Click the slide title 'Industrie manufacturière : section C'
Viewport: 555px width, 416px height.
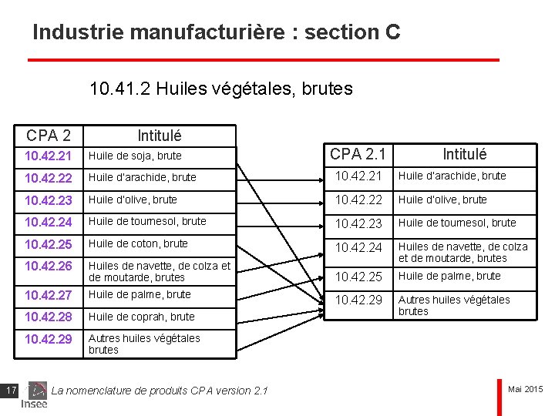coord(217,32)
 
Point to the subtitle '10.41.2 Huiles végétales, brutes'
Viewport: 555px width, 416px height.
coord(221,89)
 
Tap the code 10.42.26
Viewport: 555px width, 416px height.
coord(48,266)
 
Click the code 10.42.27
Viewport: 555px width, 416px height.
coord(48,295)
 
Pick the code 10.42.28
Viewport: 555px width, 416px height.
coord(48,317)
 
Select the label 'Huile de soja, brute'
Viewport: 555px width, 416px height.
coord(135,156)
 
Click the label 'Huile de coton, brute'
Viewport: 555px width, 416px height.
coord(138,243)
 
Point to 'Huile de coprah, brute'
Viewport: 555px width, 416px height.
coord(141,317)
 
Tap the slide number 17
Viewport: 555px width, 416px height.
coord(11,391)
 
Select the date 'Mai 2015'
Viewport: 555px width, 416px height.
coord(526,389)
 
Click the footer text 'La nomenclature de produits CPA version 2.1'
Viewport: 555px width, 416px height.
coord(160,391)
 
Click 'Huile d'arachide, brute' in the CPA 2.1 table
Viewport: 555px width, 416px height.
coord(452,176)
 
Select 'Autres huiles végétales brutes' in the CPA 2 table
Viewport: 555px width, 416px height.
coord(144,344)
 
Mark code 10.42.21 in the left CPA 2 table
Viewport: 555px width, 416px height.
coord(48,156)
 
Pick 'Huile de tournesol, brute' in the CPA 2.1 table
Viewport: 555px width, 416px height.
coord(457,223)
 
